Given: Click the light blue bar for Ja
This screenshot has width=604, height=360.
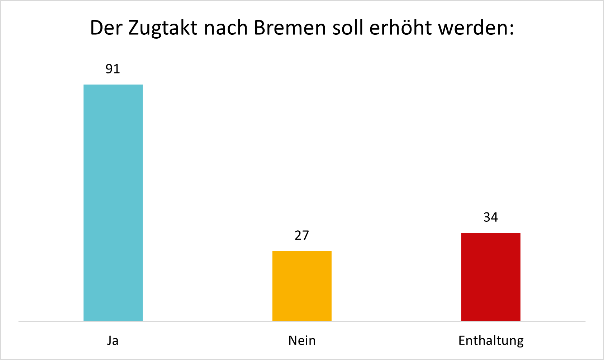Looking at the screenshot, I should click(x=113, y=203).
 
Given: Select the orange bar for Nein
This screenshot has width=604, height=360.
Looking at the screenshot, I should click(x=302, y=286).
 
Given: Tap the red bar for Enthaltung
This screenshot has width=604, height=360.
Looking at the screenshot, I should click(x=491, y=277).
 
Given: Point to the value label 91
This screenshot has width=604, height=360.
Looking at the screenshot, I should click(x=113, y=69).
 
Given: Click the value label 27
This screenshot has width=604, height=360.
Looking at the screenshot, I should click(x=302, y=235).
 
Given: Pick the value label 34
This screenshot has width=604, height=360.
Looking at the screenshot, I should click(x=491, y=217).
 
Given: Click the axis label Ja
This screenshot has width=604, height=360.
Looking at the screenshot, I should click(x=113, y=340).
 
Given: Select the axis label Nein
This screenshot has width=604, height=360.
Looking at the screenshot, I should click(x=302, y=340).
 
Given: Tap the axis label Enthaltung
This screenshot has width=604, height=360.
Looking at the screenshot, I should click(x=491, y=340).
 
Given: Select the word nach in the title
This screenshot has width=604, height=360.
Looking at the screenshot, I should click(x=226, y=28).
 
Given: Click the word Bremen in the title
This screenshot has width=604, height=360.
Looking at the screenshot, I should click(x=290, y=28).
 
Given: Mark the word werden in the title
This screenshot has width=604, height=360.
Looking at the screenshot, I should click(x=472, y=28).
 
